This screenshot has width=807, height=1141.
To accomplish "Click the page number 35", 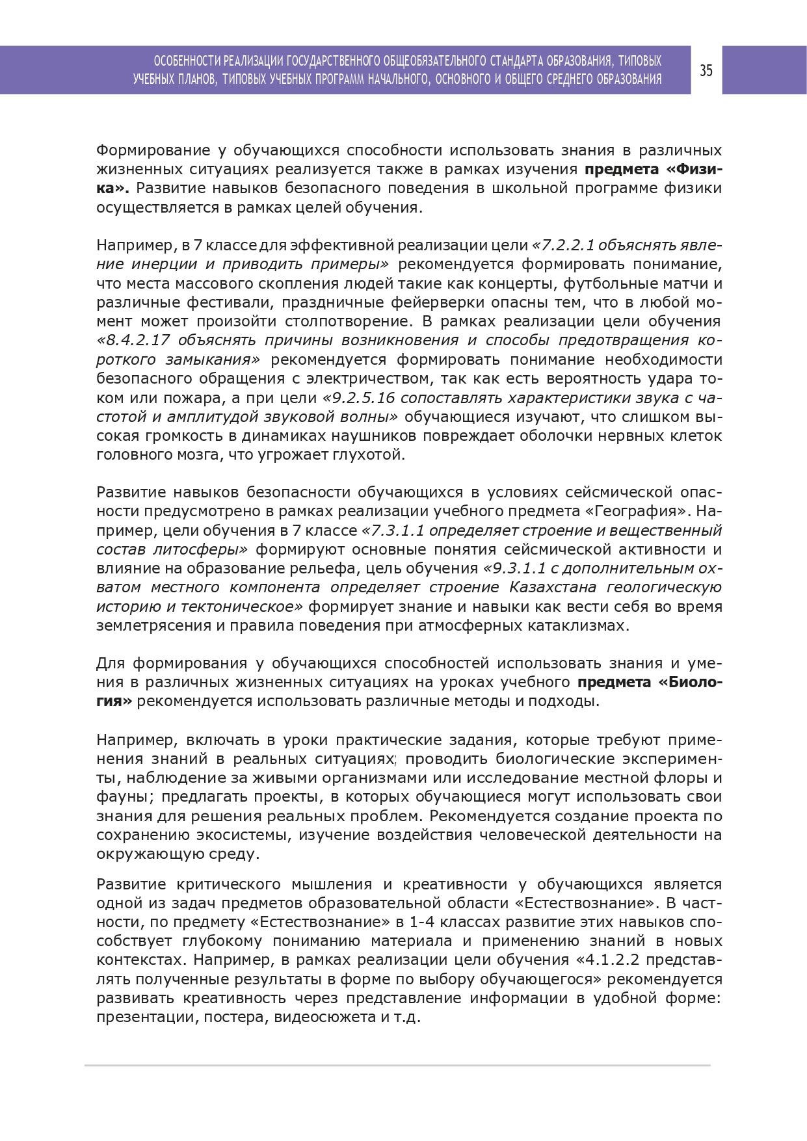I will pos(706,70).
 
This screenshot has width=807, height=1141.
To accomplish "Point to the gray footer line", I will pos(397,1066).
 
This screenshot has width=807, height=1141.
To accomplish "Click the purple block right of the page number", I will pos(764,70).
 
